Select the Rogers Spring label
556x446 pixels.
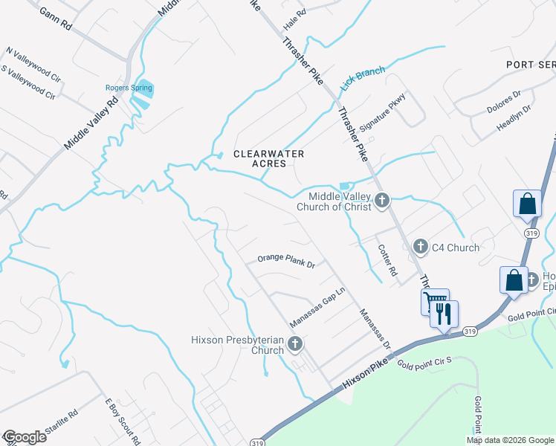(x=129, y=88)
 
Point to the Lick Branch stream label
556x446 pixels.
(x=363, y=78)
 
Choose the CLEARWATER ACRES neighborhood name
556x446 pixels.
(x=269, y=158)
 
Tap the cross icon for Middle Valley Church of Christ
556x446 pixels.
(x=382, y=200)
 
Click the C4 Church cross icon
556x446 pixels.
(x=421, y=246)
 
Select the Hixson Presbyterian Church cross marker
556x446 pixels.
(x=296, y=343)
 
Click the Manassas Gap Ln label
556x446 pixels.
(x=318, y=302)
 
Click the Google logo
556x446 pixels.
(x=24, y=437)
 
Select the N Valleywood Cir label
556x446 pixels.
(x=33, y=63)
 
